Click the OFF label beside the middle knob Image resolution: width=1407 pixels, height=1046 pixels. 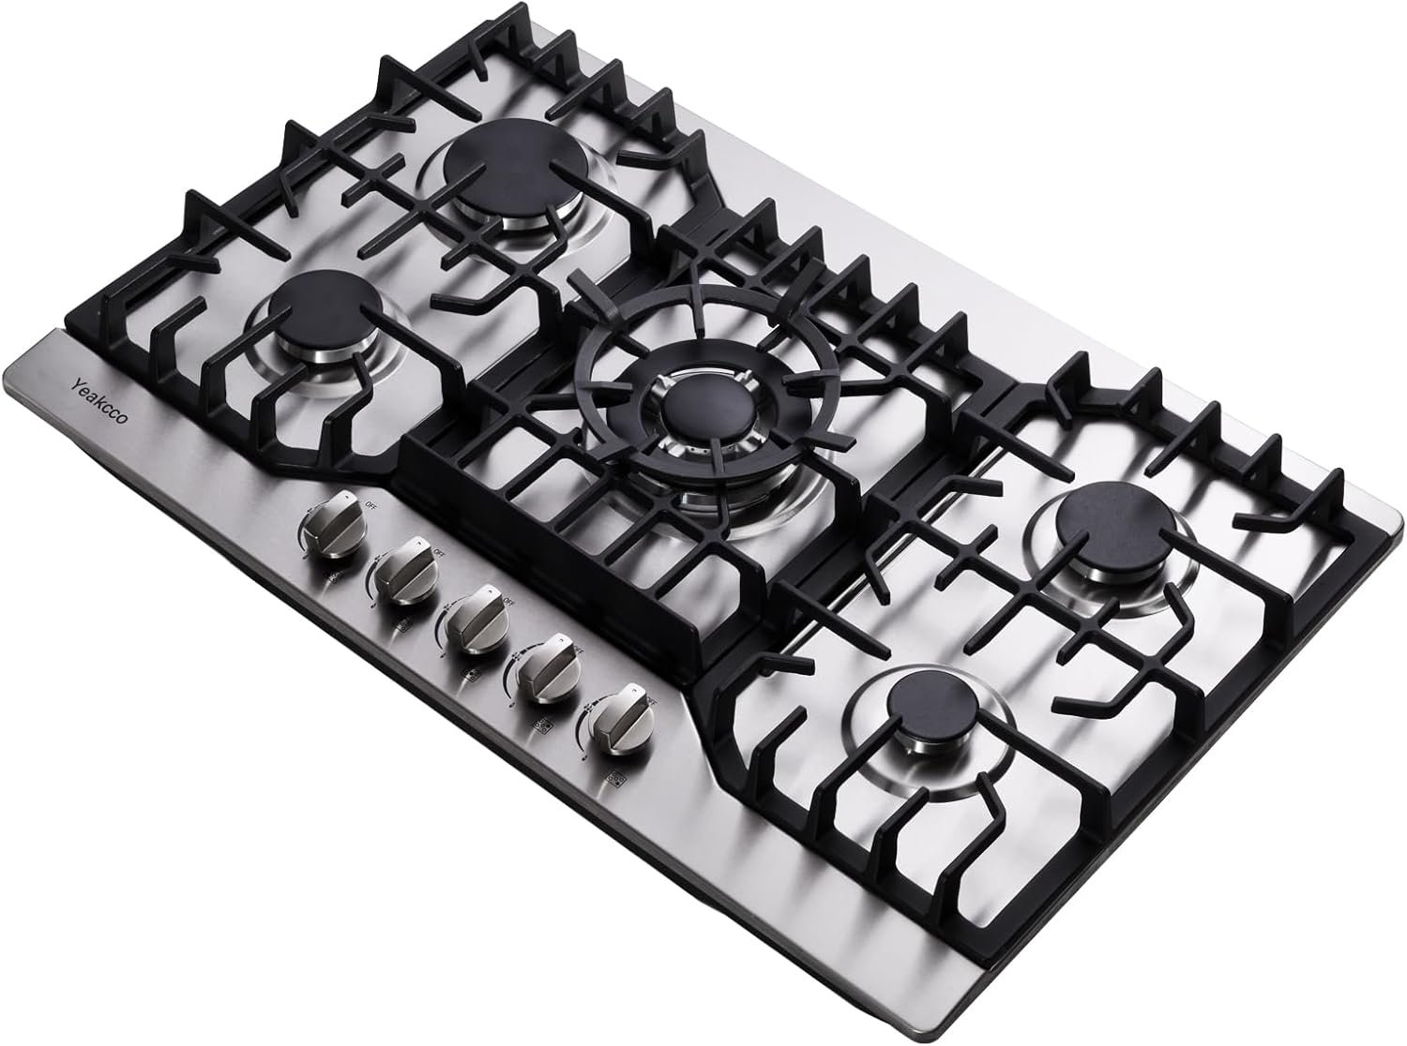[x=508, y=598]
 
